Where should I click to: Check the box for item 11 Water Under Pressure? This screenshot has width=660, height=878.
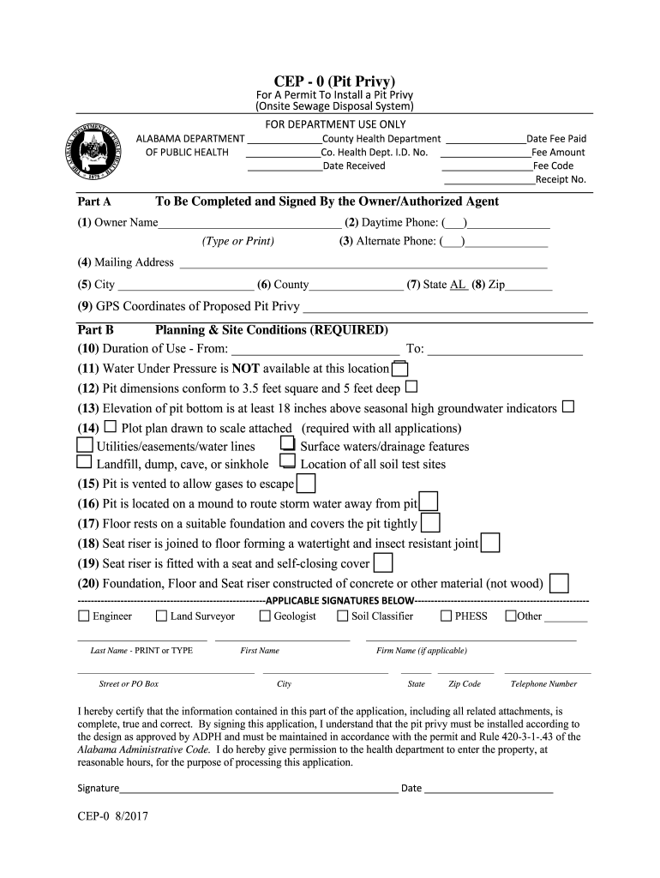(x=399, y=369)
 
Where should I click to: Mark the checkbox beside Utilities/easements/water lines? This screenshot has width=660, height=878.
(x=85, y=446)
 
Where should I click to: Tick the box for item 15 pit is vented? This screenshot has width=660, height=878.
(x=305, y=484)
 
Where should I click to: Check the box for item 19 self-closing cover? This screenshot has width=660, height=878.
(x=384, y=563)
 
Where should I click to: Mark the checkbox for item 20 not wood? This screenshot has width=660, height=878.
(x=559, y=584)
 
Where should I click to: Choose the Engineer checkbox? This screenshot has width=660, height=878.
(x=83, y=616)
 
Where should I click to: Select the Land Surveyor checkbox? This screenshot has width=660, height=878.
(x=161, y=616)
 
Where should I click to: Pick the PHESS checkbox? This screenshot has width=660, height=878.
(x=447, y=616)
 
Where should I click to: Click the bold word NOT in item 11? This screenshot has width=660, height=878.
(x=245, y=369)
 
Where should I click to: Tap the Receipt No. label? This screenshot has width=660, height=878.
(x=561, y=179)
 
